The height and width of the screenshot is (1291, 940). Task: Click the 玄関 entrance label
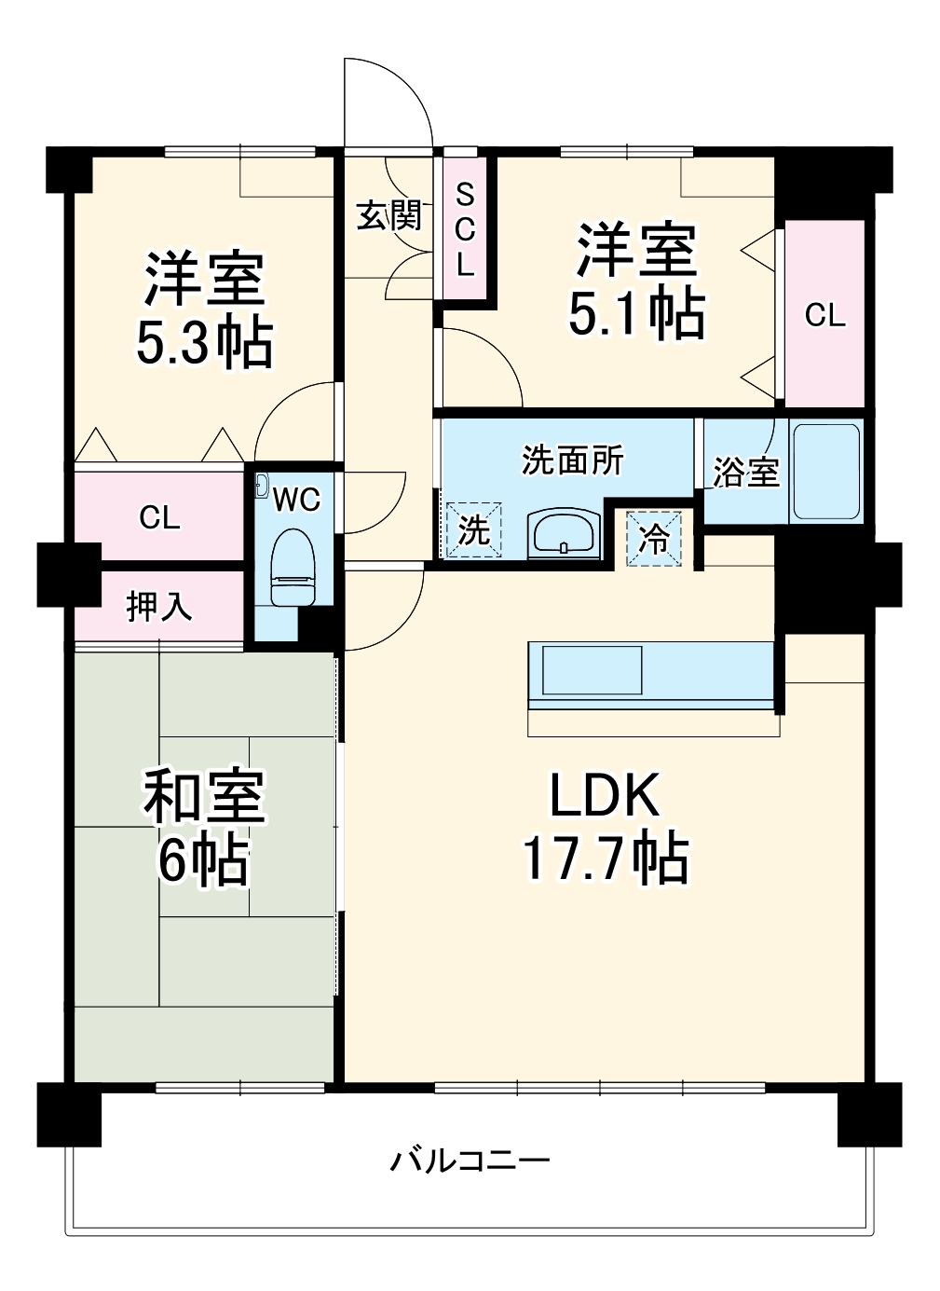coord(389,215)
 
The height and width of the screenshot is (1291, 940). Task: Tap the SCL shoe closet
coord(465,229)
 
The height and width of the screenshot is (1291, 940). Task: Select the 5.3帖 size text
coord(204,344)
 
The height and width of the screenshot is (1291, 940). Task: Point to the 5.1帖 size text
coord(636,314)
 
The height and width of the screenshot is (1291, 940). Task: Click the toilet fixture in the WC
coord(291,569)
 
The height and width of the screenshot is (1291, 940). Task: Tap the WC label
coord(296,500)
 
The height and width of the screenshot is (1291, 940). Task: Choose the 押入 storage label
coord(159,607)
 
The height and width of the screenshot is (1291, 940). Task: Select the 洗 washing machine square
coord(474,530)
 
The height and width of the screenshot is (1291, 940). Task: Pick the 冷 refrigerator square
coord(654,538)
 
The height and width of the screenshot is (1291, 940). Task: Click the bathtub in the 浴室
coord(825,472)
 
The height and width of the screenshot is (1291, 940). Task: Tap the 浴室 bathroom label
coord(745,472)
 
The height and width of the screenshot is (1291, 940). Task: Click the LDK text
coord(605,795)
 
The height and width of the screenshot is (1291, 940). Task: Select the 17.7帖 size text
coord(605,859)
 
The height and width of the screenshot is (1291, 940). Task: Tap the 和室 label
coord(204,797)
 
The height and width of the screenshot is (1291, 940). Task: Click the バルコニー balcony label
coord(470,1161)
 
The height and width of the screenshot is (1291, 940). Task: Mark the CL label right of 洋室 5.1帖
coord(824,315)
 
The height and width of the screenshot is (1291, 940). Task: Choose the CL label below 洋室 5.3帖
coord(159,517)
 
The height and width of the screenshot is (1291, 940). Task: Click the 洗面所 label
coord(572,460)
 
